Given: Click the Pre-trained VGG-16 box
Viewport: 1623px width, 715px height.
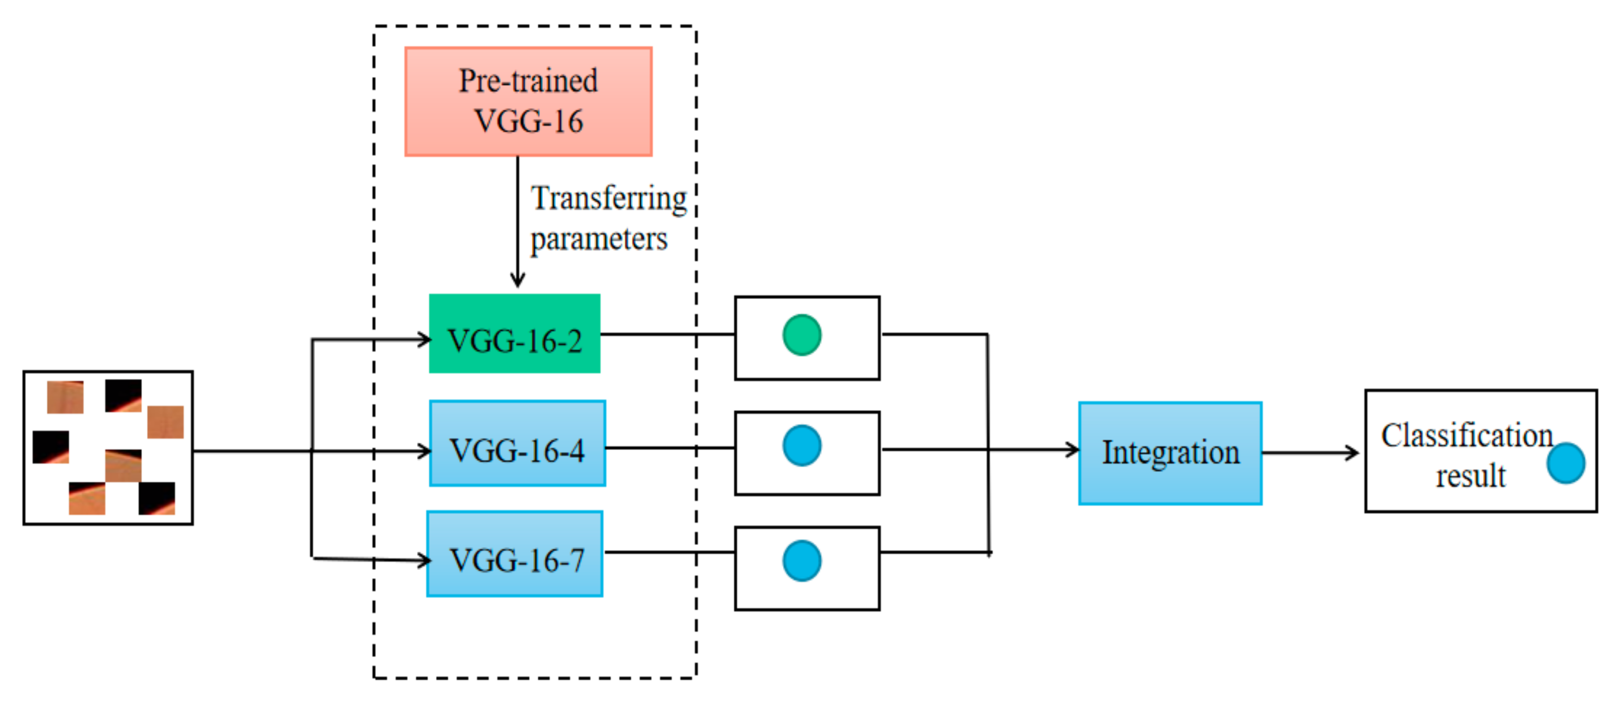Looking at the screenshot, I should [528, 101].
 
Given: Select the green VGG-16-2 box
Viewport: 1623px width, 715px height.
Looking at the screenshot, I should [514, 334].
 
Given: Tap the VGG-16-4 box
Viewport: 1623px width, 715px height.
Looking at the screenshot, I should [517, 443].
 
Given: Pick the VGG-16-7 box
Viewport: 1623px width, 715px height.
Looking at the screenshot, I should [515, 554].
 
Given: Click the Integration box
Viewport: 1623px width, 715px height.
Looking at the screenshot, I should [1170, 452].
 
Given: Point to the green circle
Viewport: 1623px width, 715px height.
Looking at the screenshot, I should [801, 335].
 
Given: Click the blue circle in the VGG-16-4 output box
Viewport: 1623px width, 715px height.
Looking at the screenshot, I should [801, 445].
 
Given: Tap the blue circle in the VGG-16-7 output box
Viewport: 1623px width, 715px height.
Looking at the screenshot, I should [801, 560].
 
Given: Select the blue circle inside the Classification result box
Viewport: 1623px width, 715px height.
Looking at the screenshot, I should [1565, 463].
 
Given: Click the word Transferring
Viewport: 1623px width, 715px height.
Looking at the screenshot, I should [609, 199].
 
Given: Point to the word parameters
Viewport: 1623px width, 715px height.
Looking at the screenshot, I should [598, 240].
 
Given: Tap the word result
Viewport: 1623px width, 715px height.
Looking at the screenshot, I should [1471, 475].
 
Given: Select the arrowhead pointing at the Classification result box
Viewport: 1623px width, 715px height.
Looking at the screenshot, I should [1352, 452].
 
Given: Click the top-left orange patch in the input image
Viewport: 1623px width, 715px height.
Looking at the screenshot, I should [65, 397].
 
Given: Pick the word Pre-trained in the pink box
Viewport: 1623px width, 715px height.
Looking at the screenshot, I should [528, 81].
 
